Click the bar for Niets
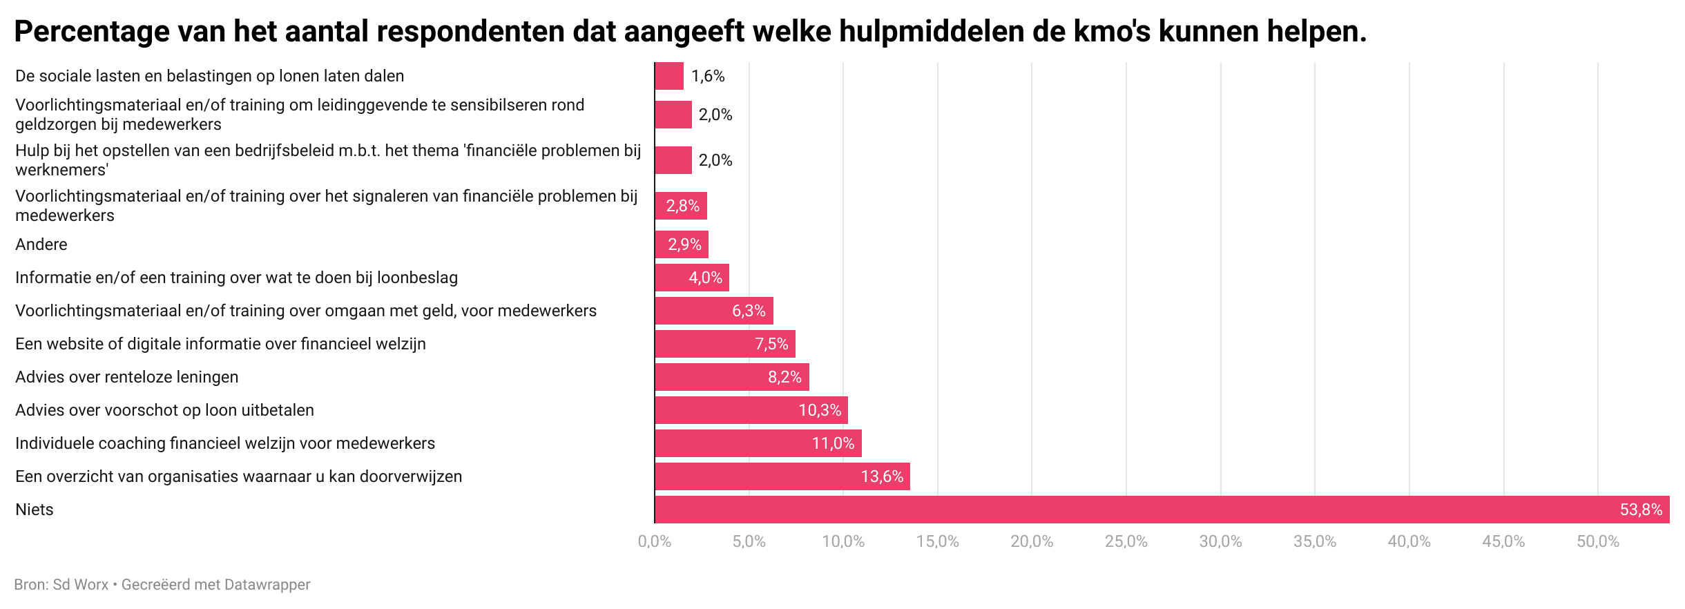pos(1162,510)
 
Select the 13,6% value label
pos(882,476)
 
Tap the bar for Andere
pos(682,244)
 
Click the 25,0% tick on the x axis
pos(1126,542)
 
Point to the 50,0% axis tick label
pos(1597,542)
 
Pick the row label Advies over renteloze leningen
pos(127,377)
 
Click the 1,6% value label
pos(708,76)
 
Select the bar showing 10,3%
pos(751,410)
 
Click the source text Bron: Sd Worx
pos(61,585)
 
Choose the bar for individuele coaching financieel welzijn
pos(758,443)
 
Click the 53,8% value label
pos(1641,510)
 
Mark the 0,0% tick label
pos(654,542)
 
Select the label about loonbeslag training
pos(236,278)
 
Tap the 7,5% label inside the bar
pos(771,344)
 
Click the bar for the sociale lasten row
pos(669,76)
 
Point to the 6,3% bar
pos(714,311)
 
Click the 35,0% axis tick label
pos(1314,542)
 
